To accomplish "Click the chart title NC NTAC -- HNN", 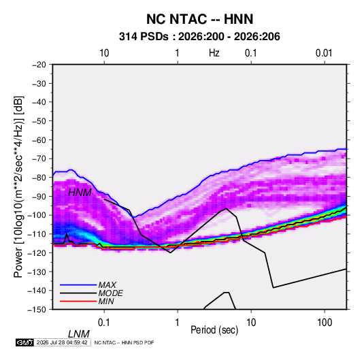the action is click(x=199, y=19).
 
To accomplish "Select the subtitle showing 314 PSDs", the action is click(x=199, y=37).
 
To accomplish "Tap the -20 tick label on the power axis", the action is click(x=39, y=65).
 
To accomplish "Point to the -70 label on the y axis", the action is click(x=39, y=159).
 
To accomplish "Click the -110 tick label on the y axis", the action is click(x=37, y=234).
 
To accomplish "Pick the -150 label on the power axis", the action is click(x=37, y=310).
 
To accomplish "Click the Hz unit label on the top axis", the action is click(x=214, y=53).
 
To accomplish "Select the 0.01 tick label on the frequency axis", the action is click(x=324, y=53).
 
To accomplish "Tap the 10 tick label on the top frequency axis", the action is click(x=104, y=53).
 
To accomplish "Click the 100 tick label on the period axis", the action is click(x=325, y=322).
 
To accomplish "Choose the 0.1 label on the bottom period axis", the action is click(x=104, y=322).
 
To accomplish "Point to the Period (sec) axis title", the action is click(x=214, y=330).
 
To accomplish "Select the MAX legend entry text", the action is click(x=107, y=285).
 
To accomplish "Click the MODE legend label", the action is click(x=110, y=293).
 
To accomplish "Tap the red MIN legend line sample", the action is click(x=78, y=301).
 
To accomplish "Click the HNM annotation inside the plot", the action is click(x=80, y=193).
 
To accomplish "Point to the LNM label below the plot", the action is click(x=79, y=334).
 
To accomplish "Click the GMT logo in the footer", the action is click(x=24, y=342).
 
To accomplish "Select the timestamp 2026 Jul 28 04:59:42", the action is click(x=62, y=342).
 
